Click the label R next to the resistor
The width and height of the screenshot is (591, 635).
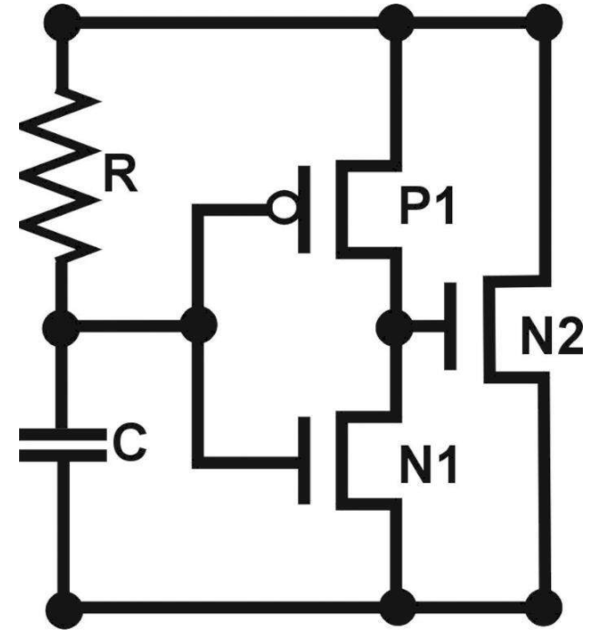120,178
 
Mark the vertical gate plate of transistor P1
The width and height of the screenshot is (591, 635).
305,209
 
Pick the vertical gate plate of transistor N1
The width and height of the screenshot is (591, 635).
305,459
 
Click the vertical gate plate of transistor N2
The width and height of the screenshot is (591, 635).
450,323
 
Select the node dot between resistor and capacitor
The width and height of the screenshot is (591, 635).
62,323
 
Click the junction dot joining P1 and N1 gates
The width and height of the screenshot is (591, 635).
198,323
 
